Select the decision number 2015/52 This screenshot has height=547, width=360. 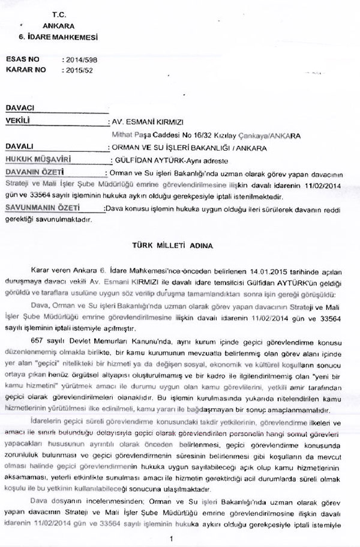pos(77,70)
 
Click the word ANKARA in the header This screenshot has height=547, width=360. pos(58,26)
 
